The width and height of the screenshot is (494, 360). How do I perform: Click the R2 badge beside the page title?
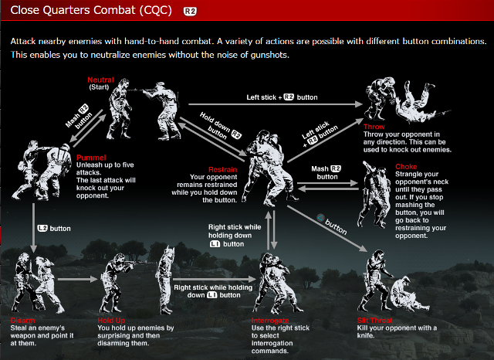click(x=190, y=12)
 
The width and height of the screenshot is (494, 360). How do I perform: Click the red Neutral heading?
click(x=101, y=80)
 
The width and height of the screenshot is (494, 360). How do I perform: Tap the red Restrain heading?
click(x=223, y=169)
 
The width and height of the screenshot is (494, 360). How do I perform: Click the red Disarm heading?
click(x=23, y=320)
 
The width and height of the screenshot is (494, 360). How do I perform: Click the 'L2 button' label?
click(x=54, y=229)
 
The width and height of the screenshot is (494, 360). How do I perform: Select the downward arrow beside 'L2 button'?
click(x=34, y=229)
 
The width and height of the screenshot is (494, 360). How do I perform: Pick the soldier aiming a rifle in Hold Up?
click(x=123, y=270)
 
